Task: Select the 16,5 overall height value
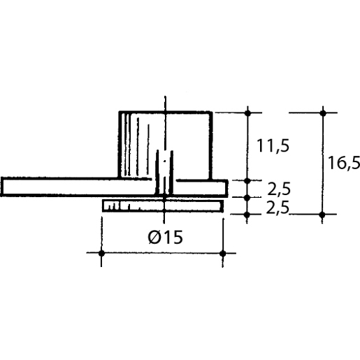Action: pyautogui.click(x=343, y=163)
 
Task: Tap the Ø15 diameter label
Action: pyautogui.click(x=165, y=237)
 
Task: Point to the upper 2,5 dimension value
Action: pyautogui.click(x=279, y=189)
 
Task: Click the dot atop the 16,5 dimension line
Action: pyautogui.click(x=322, y=113)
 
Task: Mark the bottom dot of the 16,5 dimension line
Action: pyautogui.click(x=322, y=214)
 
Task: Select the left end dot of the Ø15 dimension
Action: pyautogui.click(x=101, y=253)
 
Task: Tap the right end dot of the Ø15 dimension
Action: pyautogui.click(x=223, y=253)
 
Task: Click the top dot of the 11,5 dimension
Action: pyautogui.click(x=247, y=113)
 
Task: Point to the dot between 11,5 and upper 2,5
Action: pyautogui.click(x=247, y=180)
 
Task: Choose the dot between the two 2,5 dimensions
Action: pyautogui.click(x=247, y=197)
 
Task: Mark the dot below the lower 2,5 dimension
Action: pyautogui.click(x=247, y=214)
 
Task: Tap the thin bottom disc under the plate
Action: pyautogui.click(x=189, y=206)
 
